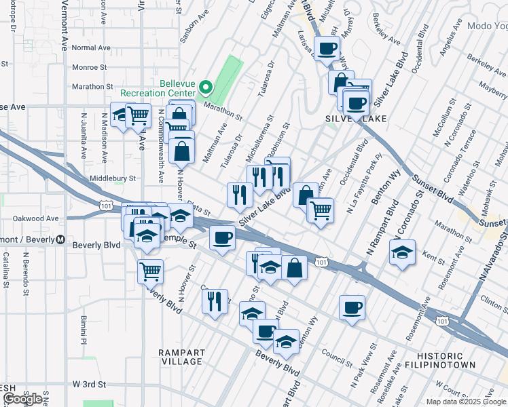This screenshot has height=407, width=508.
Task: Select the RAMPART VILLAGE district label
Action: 180,357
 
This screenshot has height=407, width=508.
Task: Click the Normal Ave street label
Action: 90,48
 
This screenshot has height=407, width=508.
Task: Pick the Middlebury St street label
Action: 113,178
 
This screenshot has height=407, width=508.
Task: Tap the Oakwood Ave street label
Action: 36,218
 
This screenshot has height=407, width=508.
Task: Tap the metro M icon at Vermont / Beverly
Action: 60,239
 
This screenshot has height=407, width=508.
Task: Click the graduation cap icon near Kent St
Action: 403,252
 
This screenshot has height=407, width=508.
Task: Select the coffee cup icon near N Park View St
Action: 352,307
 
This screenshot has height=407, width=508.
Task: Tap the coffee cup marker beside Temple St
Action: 222,238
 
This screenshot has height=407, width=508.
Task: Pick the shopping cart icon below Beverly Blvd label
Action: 150,271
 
